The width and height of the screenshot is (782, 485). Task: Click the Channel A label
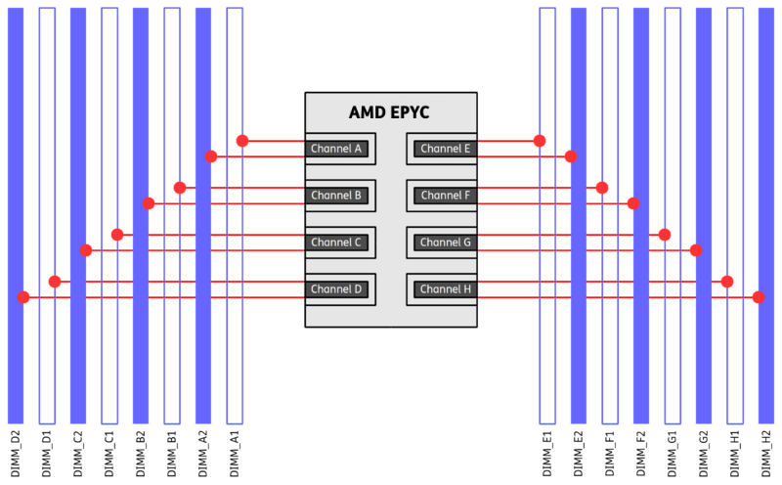pos(336,149)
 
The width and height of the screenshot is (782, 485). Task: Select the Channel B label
pos(336,196)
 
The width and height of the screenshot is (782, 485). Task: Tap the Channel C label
pos(336,242)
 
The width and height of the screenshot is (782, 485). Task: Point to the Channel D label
pos(336,289)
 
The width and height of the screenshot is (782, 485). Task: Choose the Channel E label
pos(446,149)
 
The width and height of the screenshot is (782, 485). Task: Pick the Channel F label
pos(446,196)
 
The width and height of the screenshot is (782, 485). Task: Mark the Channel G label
pos(446,242)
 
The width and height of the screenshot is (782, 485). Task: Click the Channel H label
pos(446,289)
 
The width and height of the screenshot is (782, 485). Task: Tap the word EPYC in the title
pos(412,112)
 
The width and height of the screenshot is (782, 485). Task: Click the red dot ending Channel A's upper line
pos(242,141)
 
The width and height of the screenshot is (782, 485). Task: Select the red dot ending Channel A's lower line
pos(211,156)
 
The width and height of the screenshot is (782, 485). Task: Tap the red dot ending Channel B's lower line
pos(149,203)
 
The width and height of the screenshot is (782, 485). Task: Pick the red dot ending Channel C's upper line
pos(117,235)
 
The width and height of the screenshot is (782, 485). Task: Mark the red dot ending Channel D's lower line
pos(23,297)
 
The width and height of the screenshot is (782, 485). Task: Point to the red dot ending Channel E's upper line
pos(540,141)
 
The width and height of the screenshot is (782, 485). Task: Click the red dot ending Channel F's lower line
pos(633,203)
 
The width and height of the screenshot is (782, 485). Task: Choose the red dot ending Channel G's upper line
pos(665,235)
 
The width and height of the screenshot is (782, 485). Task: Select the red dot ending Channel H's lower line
pos(759,297)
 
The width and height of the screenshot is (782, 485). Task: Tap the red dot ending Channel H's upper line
pos(727,282)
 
